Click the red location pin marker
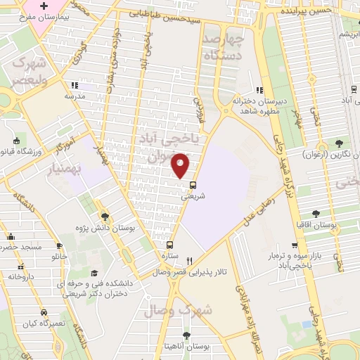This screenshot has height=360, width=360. (181, 165)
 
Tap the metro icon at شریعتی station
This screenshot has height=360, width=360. (193, 186)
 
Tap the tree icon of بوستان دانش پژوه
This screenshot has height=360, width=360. (105, 217)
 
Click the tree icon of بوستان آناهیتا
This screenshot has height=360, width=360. (186, 335)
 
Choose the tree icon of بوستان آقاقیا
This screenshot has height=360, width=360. (316, 213)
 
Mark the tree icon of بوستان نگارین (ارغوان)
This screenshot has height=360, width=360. (340, 143)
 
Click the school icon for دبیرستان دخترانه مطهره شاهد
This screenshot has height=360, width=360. (259, 90)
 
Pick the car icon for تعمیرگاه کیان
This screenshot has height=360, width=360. (44, 311)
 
